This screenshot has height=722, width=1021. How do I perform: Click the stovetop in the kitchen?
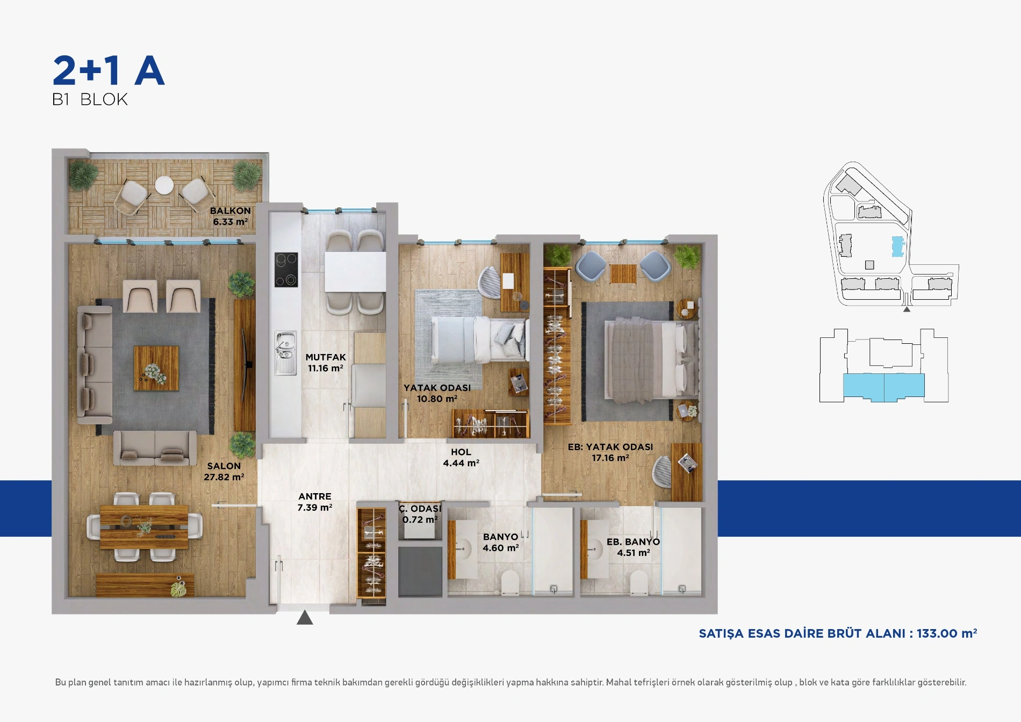click(x=286, y=270)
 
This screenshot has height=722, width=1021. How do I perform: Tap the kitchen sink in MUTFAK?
click(x=285, y=352)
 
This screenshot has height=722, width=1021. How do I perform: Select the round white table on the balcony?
click(x=164, y=185)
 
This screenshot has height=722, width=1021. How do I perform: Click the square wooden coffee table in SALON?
click(x=156, y=368)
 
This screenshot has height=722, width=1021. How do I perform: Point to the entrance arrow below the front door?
click(x=305, y=617)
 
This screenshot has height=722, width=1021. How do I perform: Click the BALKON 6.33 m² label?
click(x=230, y=216)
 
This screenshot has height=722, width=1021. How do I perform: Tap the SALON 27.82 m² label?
click(x=224, y=472)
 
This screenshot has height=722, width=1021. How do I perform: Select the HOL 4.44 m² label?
click(x=461, y=458)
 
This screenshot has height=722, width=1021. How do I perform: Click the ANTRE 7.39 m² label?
click(x=315, y=502)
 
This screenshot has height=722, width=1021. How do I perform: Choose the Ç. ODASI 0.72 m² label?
click(x=420, y=514)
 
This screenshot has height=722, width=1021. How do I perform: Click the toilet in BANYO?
click(x=510, y=583)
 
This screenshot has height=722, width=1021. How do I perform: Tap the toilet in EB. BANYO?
click(x=639, y=583)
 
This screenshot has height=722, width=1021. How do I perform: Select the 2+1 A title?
click(x=109, y=71)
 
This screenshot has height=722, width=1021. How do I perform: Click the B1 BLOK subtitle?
click(x=90, y=99)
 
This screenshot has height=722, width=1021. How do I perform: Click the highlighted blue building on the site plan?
click(x=898, y=247)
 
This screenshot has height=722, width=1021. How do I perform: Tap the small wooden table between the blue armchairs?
click(x=623, y=273)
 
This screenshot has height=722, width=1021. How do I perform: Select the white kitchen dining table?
click(x=355, y=272)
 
